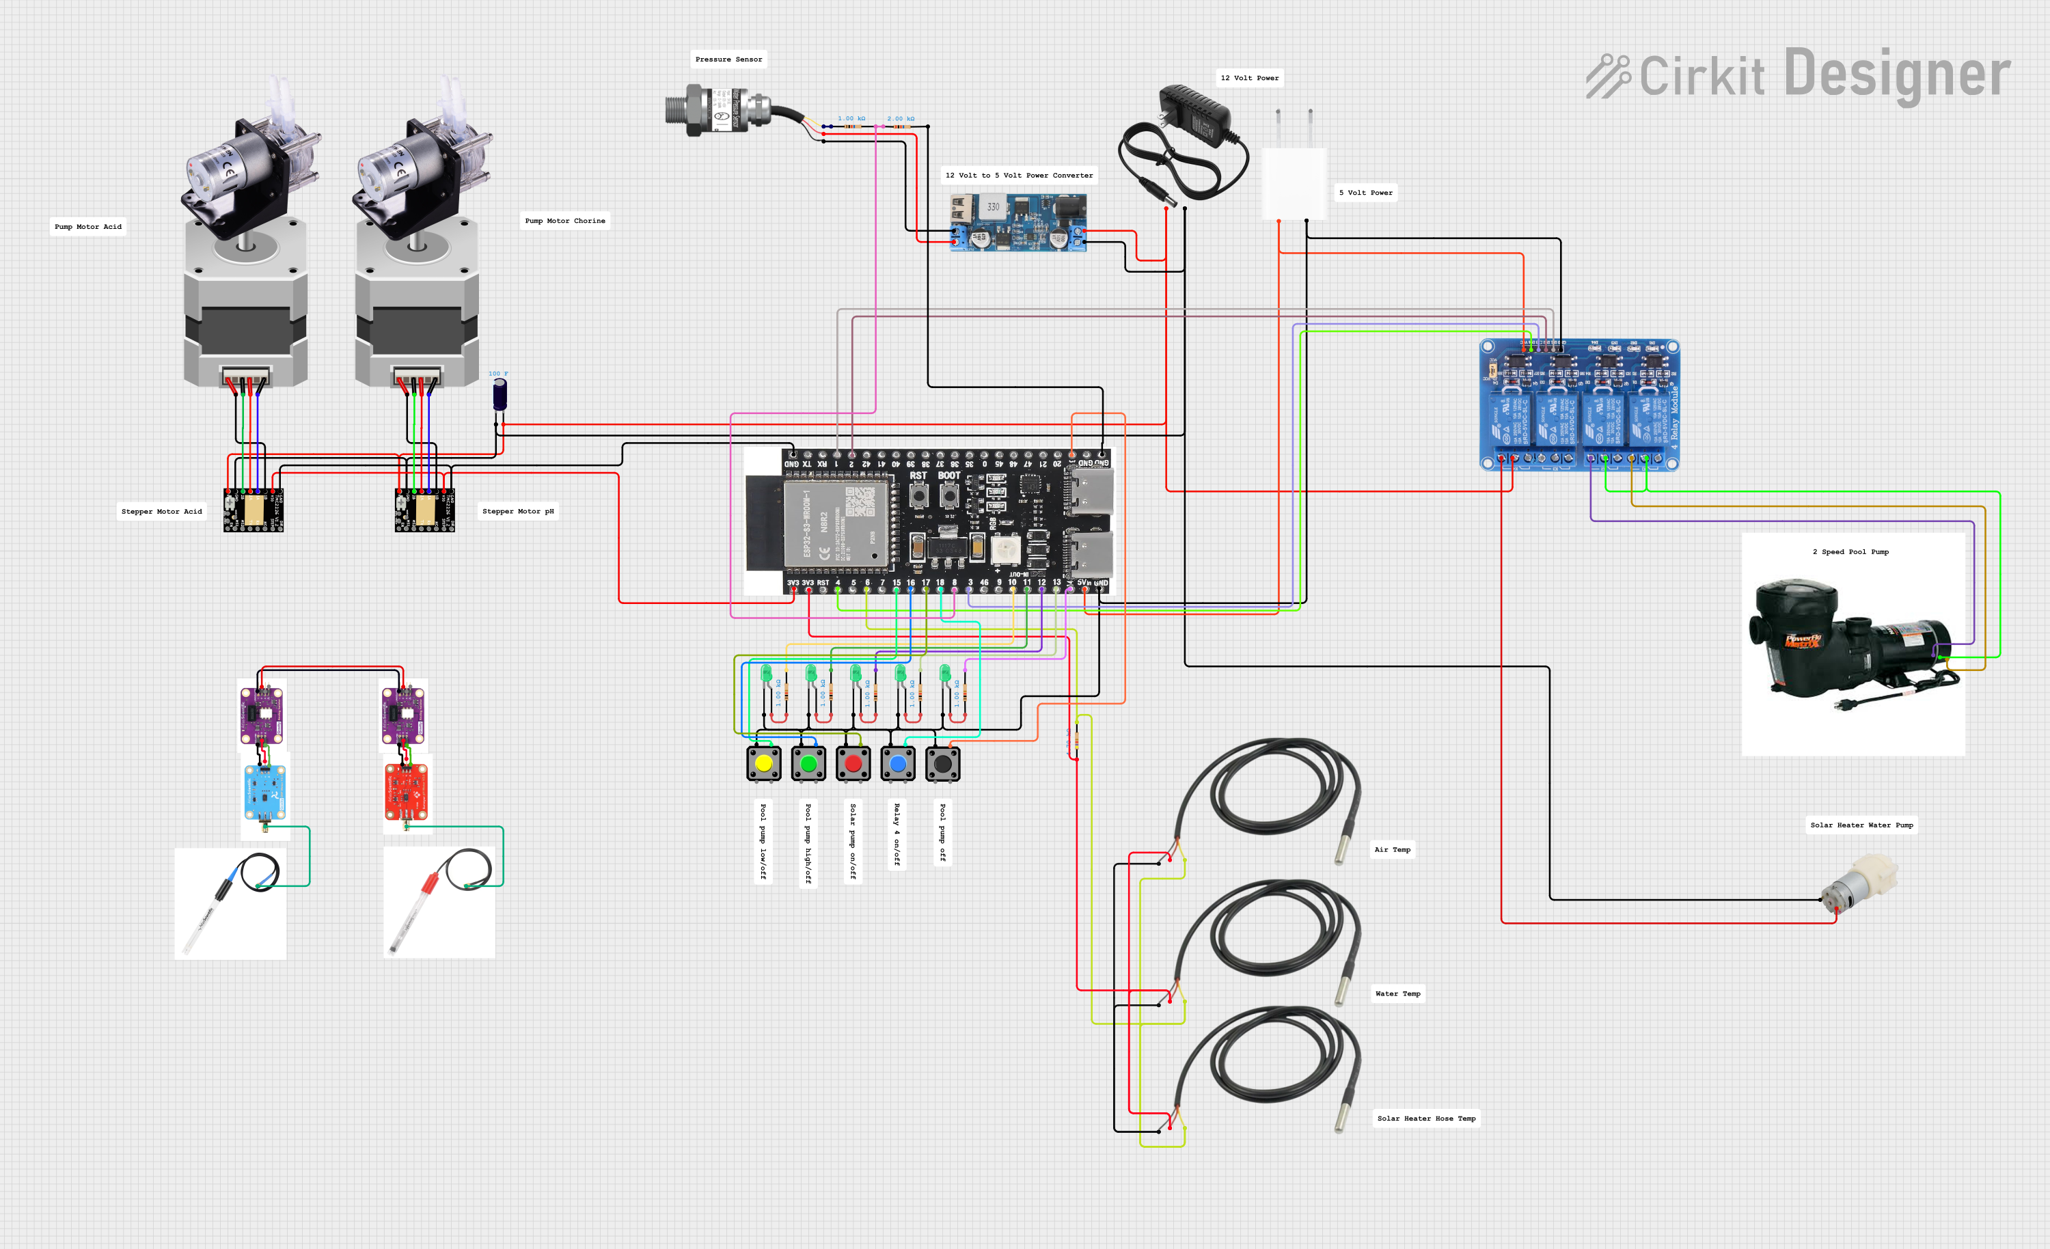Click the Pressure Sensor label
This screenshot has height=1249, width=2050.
point(728,59)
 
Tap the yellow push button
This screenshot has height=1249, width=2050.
point(764,763)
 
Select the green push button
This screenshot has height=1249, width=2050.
point(808,763)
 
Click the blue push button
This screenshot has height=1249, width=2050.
point(898,763)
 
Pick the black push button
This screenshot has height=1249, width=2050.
point(942,763)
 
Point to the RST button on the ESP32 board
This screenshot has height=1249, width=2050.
point(918,497)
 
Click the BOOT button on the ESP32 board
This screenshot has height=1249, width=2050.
point(948,497)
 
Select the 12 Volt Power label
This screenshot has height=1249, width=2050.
point(1249,78)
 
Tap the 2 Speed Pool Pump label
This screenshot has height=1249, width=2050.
point(1850,551)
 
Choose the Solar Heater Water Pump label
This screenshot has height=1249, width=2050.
point(1861,825)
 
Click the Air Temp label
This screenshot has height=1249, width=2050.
point(1392,849)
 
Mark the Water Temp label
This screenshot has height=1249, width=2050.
point(1397,993)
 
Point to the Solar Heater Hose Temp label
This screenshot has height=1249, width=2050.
point(1426,1118)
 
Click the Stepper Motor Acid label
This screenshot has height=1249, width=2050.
point(161,512)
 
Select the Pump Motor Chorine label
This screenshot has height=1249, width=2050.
point(565,221)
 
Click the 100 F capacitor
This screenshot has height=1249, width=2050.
point(500,394)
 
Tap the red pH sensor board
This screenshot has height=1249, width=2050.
point(406,792)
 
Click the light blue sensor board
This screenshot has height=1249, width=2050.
point(264,792)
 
